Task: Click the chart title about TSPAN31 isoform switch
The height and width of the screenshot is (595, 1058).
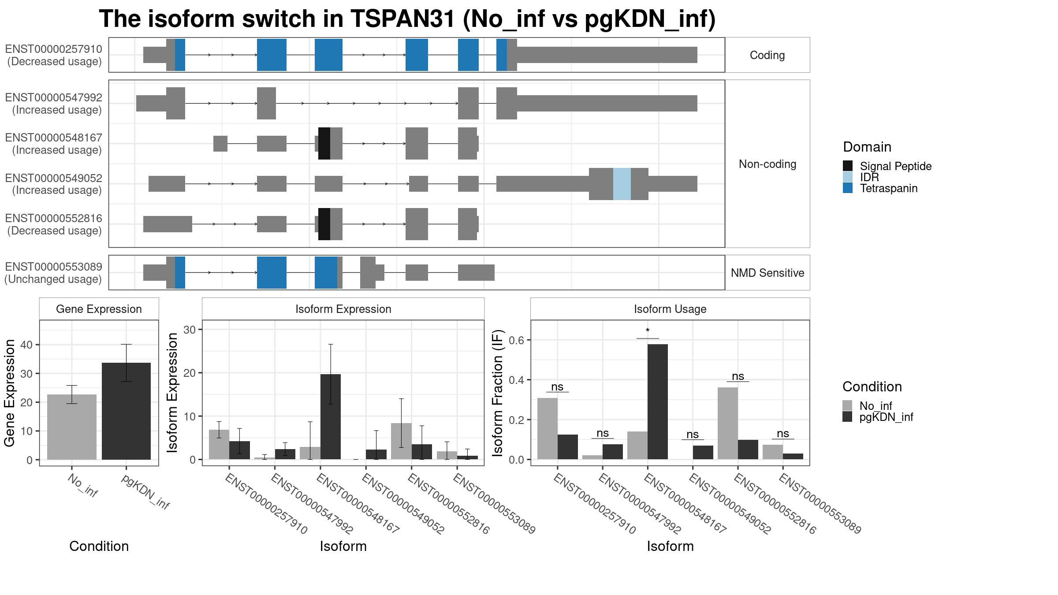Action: point(407,19)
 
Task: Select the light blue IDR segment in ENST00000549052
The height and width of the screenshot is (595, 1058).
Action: point(622,184)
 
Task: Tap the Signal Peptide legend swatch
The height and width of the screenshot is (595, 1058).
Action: point(847,166)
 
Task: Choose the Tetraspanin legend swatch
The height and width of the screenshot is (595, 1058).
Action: point(847,188)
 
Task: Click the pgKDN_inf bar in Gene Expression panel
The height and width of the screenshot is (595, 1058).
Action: point(126,411)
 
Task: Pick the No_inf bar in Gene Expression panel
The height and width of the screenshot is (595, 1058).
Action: point(71,427)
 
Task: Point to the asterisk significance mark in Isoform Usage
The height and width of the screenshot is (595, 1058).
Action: point(648,331)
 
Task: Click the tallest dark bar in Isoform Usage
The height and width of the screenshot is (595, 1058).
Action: point(658,402)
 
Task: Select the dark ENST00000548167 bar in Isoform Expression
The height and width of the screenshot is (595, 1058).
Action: point(331,417)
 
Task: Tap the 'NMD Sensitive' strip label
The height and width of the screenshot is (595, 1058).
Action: point(767,273)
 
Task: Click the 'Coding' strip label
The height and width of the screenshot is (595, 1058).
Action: point(767,55)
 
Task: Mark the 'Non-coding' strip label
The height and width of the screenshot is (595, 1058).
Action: point(767,164)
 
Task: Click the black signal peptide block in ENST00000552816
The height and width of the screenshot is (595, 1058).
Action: point(324,224)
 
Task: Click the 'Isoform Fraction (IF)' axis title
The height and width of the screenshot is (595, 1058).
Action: point(498,393)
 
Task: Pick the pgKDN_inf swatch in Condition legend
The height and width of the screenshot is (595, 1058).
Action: point(847,417)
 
